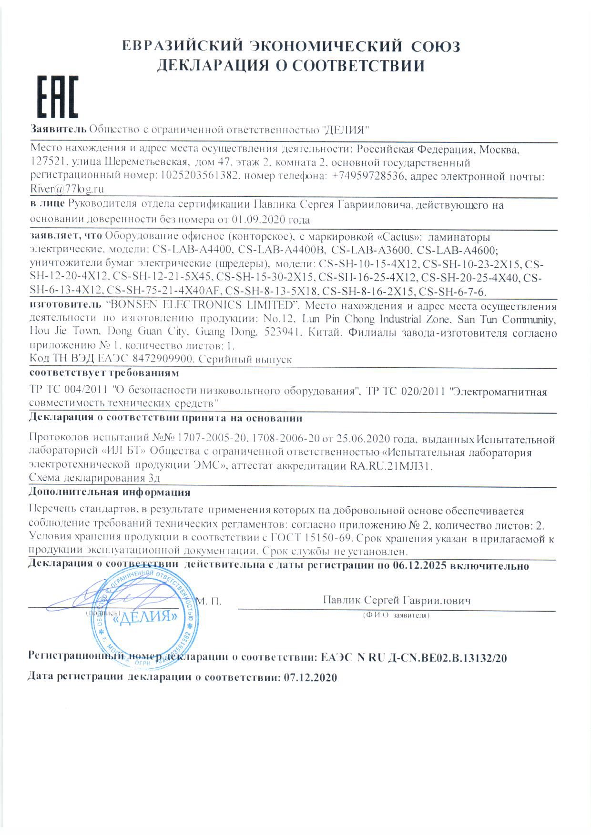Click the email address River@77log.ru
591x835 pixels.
coord(67,189)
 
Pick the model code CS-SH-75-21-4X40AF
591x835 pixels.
coord(164,291)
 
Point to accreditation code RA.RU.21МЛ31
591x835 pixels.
coord(390,466)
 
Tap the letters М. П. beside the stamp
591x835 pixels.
coord(209,601)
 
